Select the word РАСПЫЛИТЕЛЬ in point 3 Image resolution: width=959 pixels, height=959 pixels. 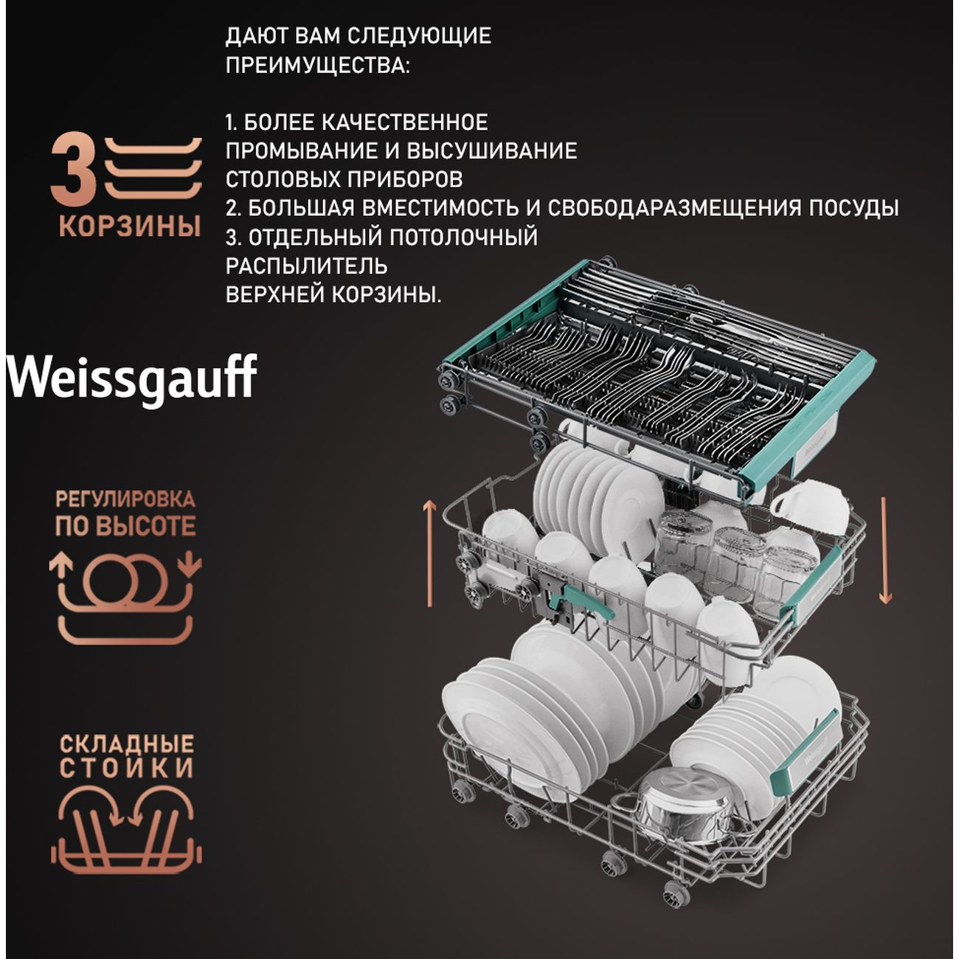(x=306, y=266)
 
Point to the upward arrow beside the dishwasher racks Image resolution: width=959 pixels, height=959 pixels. (x=429, y=554)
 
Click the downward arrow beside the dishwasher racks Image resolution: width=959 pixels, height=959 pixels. (x=884, y=550)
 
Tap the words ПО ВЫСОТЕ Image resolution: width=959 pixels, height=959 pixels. (x=125, y=527)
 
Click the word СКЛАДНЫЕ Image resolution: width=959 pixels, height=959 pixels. (x=126, y=744)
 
